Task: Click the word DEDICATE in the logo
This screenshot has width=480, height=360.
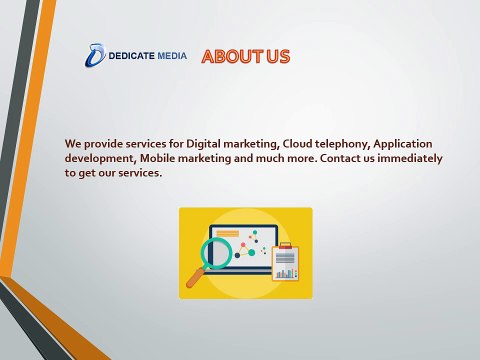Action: coord(131,56)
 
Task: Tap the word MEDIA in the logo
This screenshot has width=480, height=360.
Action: coord(172,56)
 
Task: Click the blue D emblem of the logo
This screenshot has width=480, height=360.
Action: coord(95,55)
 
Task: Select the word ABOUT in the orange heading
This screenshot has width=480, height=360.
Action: coord(232,57)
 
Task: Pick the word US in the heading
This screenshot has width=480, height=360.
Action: coord(278,57)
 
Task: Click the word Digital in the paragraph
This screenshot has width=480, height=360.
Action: coord(203,144)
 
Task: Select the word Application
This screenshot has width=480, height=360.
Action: coord(403,144)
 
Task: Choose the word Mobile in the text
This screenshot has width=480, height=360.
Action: coord(157,158)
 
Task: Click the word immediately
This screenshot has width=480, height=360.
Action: coord(410,159)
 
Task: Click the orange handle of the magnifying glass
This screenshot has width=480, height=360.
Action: coord(196,277)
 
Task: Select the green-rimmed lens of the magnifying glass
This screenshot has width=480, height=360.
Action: coord(217,252)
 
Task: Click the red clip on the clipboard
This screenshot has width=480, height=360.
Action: coord(285,246)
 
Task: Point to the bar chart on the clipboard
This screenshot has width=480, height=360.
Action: coord(286,274)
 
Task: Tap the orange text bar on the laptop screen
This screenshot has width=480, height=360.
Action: coord(228,234)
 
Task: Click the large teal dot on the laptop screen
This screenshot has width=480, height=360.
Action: coord(252,253)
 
